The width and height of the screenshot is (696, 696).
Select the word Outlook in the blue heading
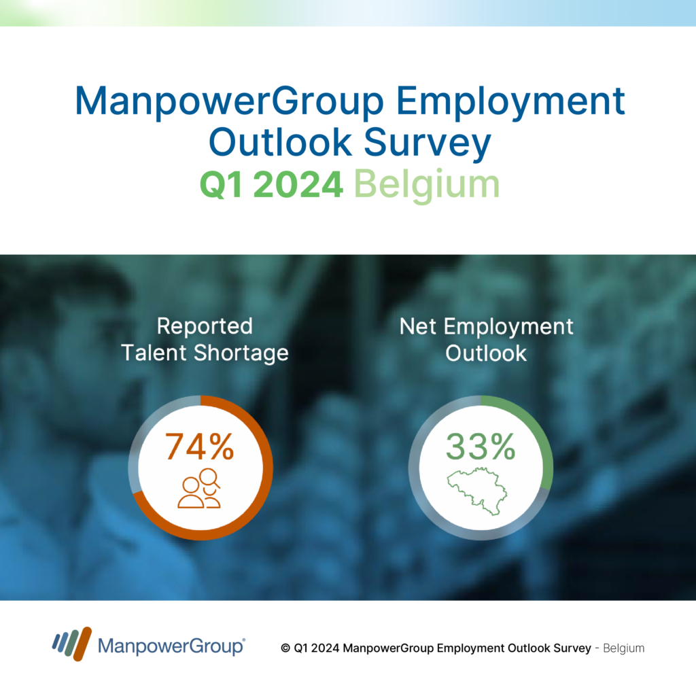coord(280,142)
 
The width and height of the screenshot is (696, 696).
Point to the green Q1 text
coord(222,185)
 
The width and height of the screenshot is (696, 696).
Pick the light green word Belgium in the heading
coord(427,185)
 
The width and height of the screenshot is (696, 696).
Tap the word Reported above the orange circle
coord(205,326)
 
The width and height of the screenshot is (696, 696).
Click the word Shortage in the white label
coord(241,353)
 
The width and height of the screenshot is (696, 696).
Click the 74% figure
coord(199,447)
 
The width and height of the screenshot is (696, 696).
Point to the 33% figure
coord(481,447)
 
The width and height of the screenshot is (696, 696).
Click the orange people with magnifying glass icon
coord(199,488)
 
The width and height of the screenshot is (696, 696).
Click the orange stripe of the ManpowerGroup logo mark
coord(82,644)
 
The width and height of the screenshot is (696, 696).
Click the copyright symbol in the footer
coord(285,648)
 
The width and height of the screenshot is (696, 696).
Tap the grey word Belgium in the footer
coord(624,648)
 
